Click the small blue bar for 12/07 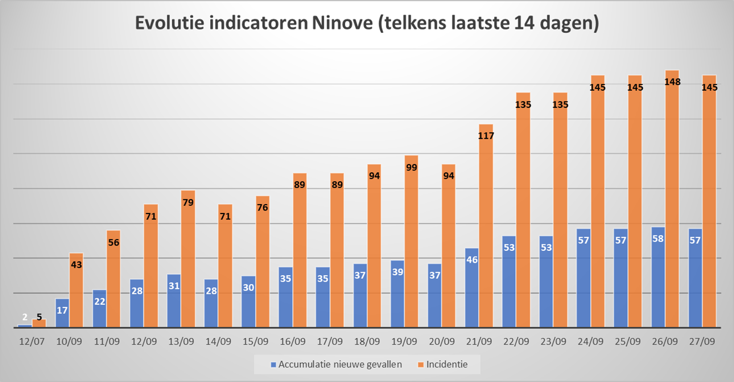pos(25,326)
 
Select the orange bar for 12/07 pos(39,323)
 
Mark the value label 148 pos(672,82)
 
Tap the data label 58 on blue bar pos(658,239)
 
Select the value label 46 pos(472,260)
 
